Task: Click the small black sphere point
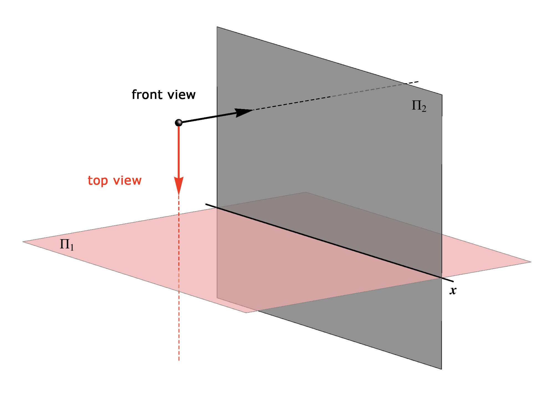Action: pos(179,122)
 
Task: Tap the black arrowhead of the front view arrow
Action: pos(244,112)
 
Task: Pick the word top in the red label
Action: pos(98,181)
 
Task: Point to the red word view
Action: pos(127,181)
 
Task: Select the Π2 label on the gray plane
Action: pos(419,106)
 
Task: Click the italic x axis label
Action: pos(453,291)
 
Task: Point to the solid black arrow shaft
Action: pos(208,118)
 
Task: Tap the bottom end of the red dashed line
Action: pos(179,360)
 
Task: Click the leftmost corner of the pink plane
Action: pos(23,242)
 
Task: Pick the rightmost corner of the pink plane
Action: pos(531,262)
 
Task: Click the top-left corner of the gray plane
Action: pos(217,27)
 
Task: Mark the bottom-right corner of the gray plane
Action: pos(441,369)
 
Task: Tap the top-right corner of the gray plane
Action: pos(442,95)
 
